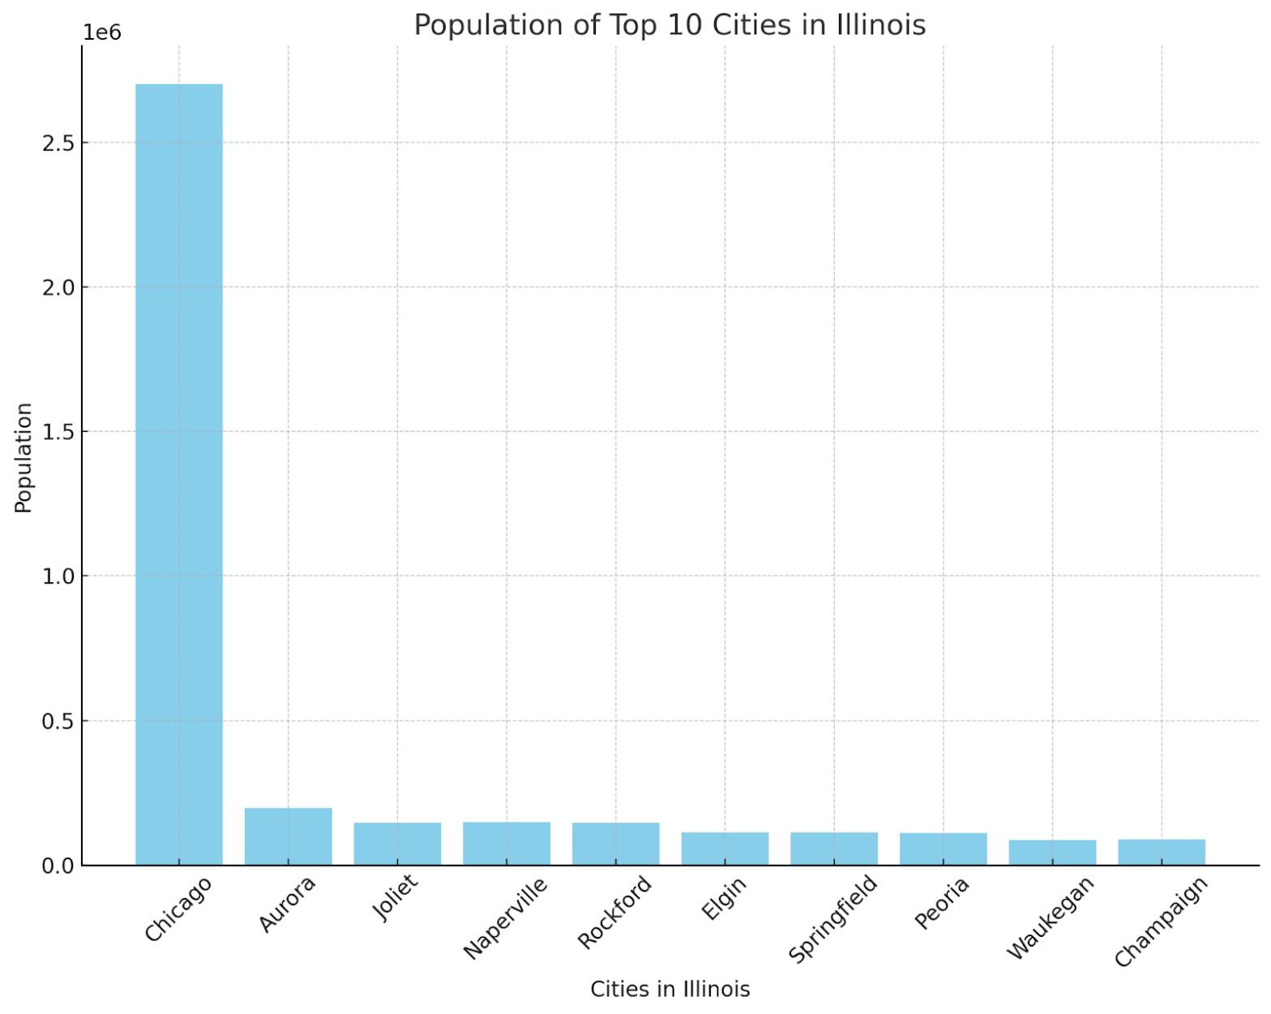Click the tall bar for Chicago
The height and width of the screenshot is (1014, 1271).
click(178, 474)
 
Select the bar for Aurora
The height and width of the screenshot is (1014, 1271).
click(288, 836)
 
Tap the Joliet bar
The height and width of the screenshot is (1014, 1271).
click(397, 844)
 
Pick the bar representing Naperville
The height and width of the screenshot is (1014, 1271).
click(507, 844)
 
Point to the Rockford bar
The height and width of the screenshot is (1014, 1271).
click(615, 844)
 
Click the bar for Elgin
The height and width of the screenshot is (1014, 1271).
click(725, 849)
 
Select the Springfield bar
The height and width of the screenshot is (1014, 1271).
click(834, 849)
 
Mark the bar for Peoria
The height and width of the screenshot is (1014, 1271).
click(943, 849)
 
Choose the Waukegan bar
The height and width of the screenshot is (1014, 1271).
click(1052, 853)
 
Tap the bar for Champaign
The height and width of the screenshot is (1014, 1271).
click(1162, 852)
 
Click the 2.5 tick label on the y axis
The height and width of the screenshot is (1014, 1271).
click(58, 143)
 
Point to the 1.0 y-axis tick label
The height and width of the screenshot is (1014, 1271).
click(58, 576)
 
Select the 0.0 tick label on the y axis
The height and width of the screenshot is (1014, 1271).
click(58, 866)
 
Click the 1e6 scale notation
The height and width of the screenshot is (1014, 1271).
click(102, 33)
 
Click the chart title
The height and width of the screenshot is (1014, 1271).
click(670, 25)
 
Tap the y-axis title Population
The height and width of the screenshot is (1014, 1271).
click(24, 458)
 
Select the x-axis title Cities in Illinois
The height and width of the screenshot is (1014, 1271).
click(670, 989)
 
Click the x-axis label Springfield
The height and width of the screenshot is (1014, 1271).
click(833, 919)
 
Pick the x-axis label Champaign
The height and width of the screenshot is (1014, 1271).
click(1161, 922)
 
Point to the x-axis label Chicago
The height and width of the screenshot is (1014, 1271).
click(178, 909)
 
